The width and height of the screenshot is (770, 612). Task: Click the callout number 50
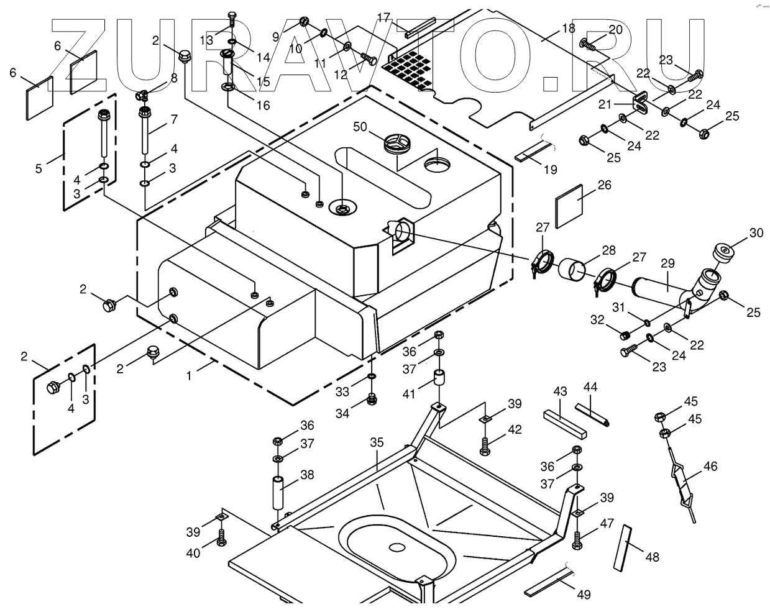(360, 127)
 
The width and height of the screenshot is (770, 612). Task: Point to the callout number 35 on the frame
(377, 443)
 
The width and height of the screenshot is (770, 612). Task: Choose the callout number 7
(174, 119)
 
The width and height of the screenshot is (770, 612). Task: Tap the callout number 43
(561, 391)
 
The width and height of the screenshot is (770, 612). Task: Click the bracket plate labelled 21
(639, 103)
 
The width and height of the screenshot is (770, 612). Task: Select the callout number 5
(39, 168)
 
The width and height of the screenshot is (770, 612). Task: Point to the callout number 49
(583, 595)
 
